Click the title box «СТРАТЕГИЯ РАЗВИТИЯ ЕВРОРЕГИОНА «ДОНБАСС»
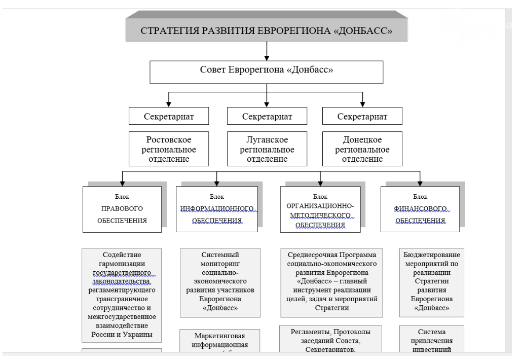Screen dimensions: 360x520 pos(267,30)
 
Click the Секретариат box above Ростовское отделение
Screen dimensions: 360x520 pos(168,116)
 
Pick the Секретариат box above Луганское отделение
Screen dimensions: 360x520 pos(267,116)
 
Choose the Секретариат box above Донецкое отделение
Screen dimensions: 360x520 pos(362,116)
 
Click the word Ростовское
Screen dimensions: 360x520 pos(169,140)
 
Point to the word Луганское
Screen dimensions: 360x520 pos(267,140)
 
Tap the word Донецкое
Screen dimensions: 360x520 pos(362,140)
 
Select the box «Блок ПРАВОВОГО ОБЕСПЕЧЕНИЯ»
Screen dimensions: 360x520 pos(122,209)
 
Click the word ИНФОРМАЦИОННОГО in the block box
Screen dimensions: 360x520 pos(217,208)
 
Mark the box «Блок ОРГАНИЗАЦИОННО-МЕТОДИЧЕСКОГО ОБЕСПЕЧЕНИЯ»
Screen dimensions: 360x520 pos(320,209)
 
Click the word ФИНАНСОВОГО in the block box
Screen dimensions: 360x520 pos(420,208)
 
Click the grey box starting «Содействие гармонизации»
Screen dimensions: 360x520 pos(122,294)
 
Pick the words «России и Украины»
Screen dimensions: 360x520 pos(122,335)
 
